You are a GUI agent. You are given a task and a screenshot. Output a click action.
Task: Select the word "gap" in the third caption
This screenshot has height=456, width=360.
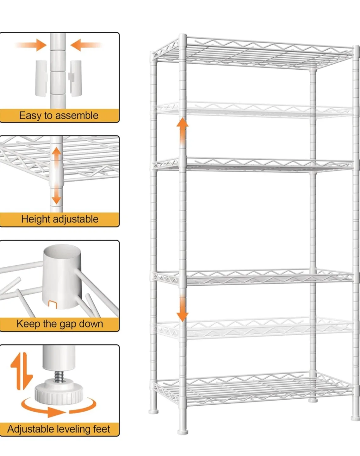tap(68, 324)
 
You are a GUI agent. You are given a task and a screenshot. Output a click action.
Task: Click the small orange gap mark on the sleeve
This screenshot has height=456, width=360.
tap(52, 304)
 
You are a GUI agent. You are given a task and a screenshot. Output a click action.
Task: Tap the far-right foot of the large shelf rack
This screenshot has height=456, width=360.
tap(355, 418)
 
